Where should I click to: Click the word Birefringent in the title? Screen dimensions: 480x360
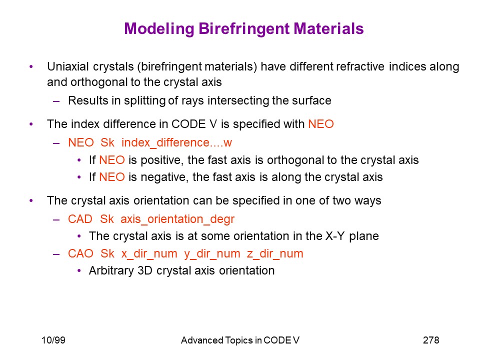[243, 29]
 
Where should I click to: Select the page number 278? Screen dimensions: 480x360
[431, 340]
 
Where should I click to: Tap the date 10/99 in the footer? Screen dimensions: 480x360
[53, 340]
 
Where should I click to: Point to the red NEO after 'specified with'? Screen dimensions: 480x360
[321, 124]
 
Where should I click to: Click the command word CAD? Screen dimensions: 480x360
[80, 219]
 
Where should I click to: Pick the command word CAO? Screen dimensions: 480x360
[80, 254]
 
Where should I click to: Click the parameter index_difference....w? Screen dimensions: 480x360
[176, 142]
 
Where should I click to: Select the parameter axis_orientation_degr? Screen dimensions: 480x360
[177, 219]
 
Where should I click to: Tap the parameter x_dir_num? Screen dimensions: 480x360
[149, 254]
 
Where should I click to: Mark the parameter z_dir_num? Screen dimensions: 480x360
[275, 254]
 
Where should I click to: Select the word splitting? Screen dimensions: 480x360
[144, 100]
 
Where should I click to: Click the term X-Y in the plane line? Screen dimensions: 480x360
[335, 236]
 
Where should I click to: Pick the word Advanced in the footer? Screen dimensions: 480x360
[202, 340]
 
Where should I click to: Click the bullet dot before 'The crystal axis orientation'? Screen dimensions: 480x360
[31, 201]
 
